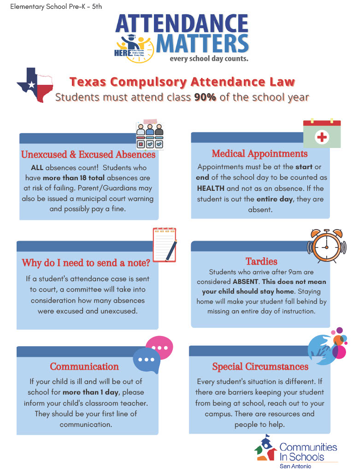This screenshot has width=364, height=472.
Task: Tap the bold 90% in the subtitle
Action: click(205, 97)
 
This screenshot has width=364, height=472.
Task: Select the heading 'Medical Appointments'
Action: click(259, 153)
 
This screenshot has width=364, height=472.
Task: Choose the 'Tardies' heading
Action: click(261, 261)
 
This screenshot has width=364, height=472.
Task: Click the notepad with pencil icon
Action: click(164, 244)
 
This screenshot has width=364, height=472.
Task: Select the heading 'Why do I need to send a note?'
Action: click(86, 263)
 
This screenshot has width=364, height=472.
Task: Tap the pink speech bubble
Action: click(159, 347)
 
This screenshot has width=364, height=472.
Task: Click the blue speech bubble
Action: click(147, 360)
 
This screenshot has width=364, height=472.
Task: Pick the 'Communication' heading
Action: click(84, 366)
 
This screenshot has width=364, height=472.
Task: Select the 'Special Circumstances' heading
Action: click(260, 366)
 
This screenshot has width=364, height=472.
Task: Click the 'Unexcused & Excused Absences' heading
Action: click(88, 154)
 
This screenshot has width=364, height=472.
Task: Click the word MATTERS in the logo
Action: click(202, 43)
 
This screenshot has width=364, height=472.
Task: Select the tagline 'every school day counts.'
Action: click(209, 59)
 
